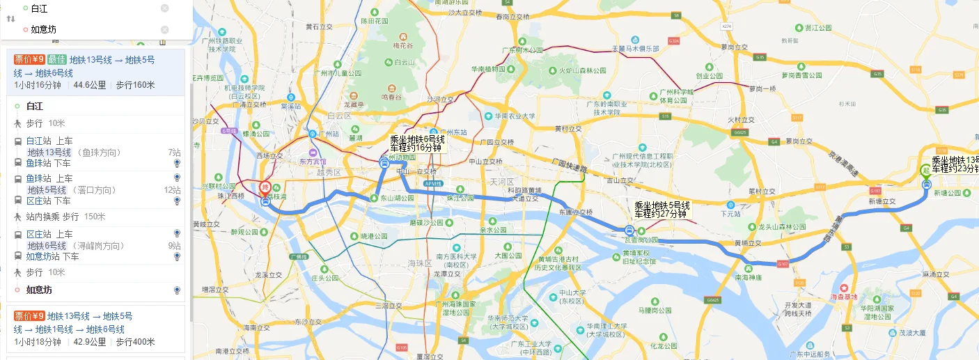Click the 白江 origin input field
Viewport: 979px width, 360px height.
pyautogui.click(x=91, y=8)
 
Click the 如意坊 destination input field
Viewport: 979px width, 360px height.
pyautogui.click(x=91, y=29)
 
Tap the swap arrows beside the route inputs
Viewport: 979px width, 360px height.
pyautogui.click(x=10, y=19)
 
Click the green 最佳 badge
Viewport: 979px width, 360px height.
pyautogui.click(x=57, y=60)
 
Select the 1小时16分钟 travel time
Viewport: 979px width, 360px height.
pyautogui.click(x=38, y=86)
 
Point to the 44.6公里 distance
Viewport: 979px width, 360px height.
pyautogui.click(x=89, y=86)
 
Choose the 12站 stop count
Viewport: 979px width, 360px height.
pyautogui.click(x=172, y=190)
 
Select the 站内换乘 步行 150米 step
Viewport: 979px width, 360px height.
pyautogui.click(x=65, y=217)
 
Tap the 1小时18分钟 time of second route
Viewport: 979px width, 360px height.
pyautogui.click(x=38, y=342)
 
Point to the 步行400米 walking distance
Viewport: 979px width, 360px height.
pyautogui.click(x=135, y=342)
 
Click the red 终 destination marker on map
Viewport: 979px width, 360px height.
pyautogui.click(x=265, y=188)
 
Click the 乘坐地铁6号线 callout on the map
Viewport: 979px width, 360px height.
pyautogui.click(x=416, y=143)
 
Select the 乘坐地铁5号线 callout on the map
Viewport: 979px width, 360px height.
pyautogui.click(x=661, y=210)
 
